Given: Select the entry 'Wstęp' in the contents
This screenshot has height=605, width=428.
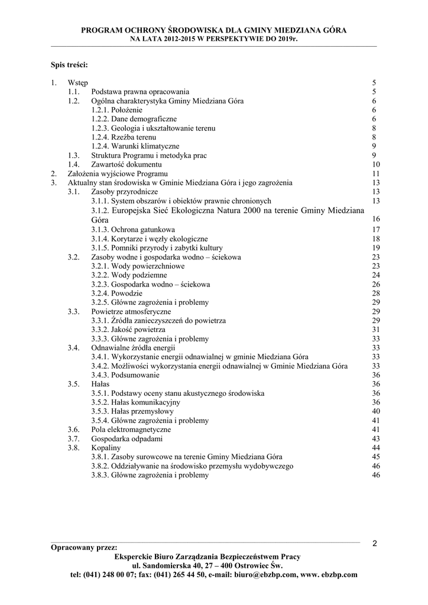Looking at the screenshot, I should pyautogui.click(x=77, y=83).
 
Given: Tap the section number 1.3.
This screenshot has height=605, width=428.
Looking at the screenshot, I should pyautogui.click(x=73, y=155).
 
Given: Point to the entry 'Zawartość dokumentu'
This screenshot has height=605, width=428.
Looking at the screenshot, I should pyautogui.click(x=126, y=164).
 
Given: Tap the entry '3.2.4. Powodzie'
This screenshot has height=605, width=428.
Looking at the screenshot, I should pyautogui.click(x=116, y=293).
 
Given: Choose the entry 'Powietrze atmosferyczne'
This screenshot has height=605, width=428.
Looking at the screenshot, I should pyautogui.click(x=131, y=311).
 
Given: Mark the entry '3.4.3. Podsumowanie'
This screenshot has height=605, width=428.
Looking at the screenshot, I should pyautogui.click(x=125, y=375).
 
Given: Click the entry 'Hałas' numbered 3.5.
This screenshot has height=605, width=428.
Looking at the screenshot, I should pyautogui.click(x=100, y=384).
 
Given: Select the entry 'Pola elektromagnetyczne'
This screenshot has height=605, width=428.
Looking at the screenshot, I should pyautogui.click(x=131, y=430).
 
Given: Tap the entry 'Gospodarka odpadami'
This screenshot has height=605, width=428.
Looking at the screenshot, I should pyautogui.click(x=127, y=439).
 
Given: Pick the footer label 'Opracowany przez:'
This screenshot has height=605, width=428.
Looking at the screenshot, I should pyautogui.click(x=84, y=548).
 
